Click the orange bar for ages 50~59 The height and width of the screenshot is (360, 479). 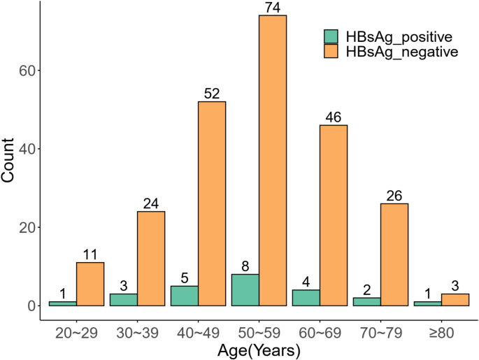click(273, 161)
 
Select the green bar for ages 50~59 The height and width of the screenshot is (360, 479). click(245, 290)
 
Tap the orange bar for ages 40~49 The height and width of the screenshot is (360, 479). click(212, 203)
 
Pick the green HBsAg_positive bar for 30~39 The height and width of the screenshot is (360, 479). click(123, 300)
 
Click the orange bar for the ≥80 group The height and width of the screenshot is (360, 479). click(455, 300)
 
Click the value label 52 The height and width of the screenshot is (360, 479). click(212, 94)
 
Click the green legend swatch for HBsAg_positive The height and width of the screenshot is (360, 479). click(330, 36)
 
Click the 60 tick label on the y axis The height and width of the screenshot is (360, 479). click(23, 71)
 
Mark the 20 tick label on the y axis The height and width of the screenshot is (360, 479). click(23, 227)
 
